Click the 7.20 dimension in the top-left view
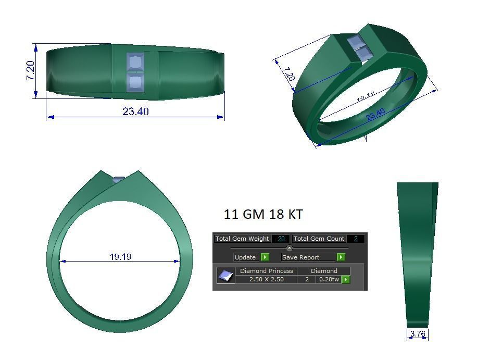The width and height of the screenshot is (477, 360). click(30, 70)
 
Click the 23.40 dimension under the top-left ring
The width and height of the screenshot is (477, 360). click(135, 111)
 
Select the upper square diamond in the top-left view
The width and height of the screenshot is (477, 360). click(135, 63)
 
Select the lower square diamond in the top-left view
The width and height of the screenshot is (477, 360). click(135, 82)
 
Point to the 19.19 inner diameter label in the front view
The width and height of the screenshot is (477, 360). click(120, 257)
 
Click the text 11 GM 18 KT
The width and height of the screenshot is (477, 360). click(263, 214)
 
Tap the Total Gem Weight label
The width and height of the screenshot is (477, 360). click(242, 239)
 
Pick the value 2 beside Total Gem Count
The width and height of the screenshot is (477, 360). click(356, 239)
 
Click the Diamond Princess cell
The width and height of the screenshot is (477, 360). click(266, 271)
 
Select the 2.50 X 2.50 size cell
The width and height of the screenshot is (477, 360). click(266, 279)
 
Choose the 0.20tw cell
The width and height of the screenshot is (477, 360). click(329, 279)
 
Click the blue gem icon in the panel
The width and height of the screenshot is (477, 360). click(225, 276)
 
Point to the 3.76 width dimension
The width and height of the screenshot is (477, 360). click(418, 334)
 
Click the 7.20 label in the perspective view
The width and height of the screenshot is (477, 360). click(288, 73)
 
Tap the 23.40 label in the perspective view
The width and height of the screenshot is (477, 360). click(375, 114)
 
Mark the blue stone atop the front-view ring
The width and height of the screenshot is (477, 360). click(119, 180)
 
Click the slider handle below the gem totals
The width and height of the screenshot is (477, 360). click(290, 248)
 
